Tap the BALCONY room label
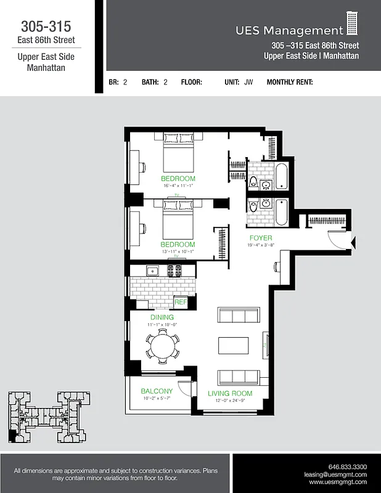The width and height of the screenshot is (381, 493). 157,391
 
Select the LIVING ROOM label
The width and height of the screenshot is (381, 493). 230,393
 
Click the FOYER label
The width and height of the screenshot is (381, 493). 261,238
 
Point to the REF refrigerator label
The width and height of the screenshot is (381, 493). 181,303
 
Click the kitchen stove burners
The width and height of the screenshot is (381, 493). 174,270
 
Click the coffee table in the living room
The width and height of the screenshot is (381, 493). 233,345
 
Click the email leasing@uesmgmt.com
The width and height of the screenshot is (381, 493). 335,475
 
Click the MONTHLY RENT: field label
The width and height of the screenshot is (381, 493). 290,82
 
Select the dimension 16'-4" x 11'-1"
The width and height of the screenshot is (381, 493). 178,185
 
